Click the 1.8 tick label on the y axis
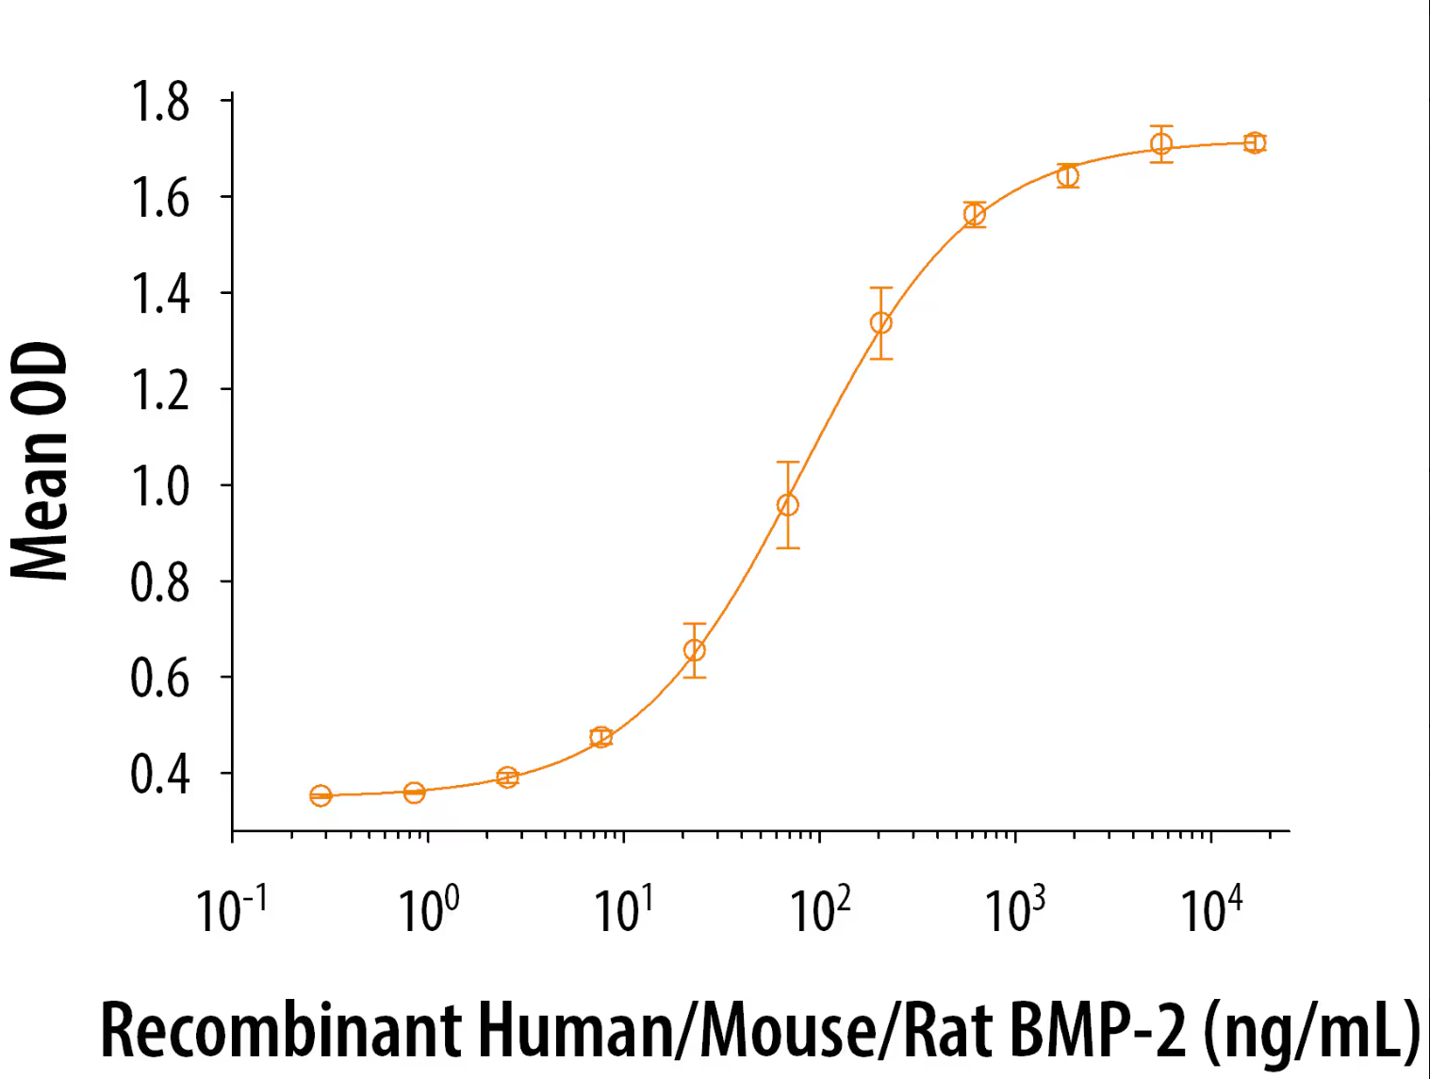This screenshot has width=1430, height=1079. click(159, 103)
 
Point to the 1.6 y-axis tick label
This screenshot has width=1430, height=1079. click(159, 199)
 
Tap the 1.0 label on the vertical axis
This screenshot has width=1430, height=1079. click(159, 486)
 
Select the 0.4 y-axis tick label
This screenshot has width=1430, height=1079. click(159, 774)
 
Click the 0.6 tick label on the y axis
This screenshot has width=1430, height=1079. click(159, 678)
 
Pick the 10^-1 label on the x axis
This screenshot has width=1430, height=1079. click(231, 909)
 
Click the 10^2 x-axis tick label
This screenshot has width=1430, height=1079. click(819, 909)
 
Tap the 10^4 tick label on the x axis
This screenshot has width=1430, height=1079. click(1210, 909)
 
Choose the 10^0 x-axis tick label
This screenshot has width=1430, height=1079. click(428, 909)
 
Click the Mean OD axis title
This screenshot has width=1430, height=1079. click(40, 461)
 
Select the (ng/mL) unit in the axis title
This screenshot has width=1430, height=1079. click(1311, 1032)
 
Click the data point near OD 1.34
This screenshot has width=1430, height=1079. click(880, 323)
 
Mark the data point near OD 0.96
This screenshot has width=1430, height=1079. click(788, 505)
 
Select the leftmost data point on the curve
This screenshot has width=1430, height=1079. click(321, 796)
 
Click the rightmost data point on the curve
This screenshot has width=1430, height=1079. click(1254, 143)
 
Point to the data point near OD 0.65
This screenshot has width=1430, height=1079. click(694, 650)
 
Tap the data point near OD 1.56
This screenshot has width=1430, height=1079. click(975, 215)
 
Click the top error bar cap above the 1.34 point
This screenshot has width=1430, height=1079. click(880, 288)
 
